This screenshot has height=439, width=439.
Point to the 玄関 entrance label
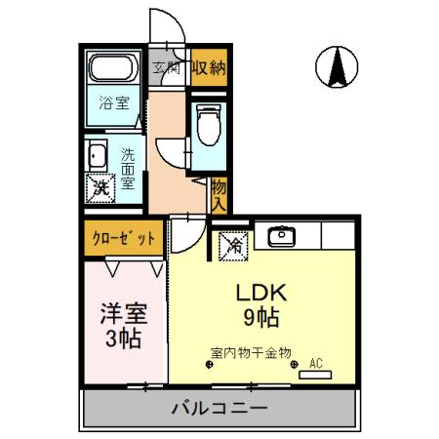[x=167, y=67]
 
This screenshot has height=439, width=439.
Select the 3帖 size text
[x=124, y=339]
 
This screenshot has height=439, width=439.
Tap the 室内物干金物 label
[x=250, y=352]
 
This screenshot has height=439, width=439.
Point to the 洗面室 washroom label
[x=128, y=167]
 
